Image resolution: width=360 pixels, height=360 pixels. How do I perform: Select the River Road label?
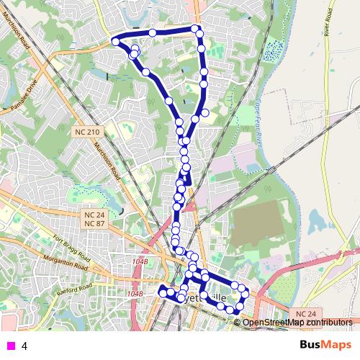click(332, 29)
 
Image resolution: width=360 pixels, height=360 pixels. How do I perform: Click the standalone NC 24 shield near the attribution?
click(305, 315)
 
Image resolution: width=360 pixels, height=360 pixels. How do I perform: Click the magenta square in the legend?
click(9, 346)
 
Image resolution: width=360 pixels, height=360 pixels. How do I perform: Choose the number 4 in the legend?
click(24, 346)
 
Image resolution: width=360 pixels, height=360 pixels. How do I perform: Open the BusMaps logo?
click(322, 346)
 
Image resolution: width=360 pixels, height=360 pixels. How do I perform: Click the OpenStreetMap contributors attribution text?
click(297, 323)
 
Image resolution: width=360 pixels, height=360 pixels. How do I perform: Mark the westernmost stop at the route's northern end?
click(115, 42)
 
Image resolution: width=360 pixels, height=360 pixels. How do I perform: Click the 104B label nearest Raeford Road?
click(135, 294)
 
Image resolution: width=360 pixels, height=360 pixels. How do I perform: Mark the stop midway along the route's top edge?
click(153, 32)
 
